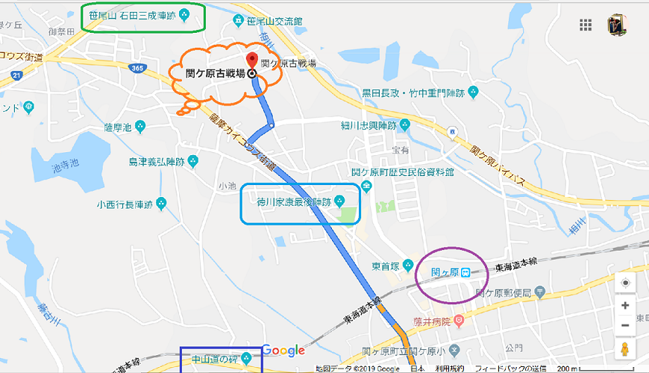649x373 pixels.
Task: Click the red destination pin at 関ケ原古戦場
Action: click(x=252, y=61)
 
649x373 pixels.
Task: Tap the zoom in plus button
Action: click(x=625, y=305)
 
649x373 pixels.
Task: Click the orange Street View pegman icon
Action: click(x=625, y=349)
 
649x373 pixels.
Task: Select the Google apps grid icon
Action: click(x=585, y=25)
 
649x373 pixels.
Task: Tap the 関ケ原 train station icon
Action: click(x=465, y=272)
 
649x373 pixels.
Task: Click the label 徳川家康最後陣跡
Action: click(x=294, y=201)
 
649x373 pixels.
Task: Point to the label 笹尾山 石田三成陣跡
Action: click(x=142, y=15)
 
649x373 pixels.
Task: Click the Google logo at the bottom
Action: click(x=283, y=351)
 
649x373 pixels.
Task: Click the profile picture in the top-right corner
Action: click(x=617, y=24)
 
